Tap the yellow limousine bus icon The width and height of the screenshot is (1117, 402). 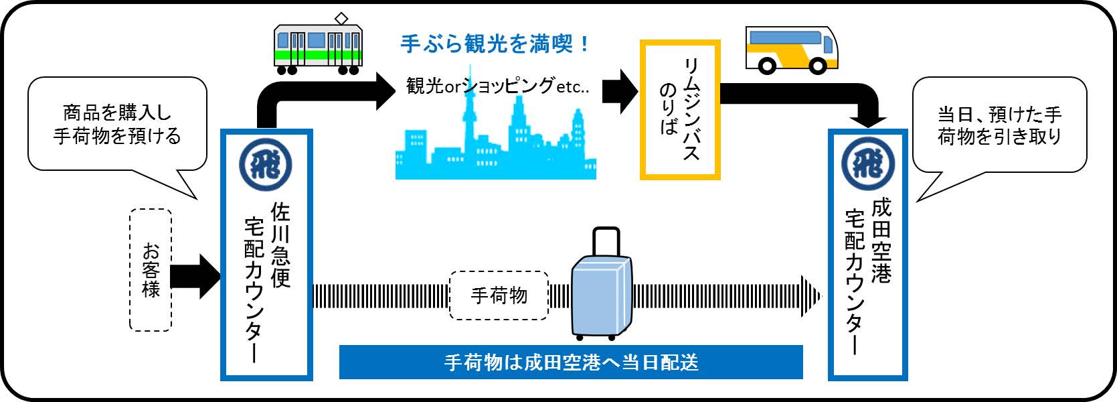tap(791, 50)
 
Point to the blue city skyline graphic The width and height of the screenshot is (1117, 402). tap(495, 147)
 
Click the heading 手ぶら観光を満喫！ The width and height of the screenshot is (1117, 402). tap(495, 44)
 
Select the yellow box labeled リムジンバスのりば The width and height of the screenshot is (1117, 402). tap(679, 110)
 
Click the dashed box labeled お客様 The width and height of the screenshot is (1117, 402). tap(151, 270)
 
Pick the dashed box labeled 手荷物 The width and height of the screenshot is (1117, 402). tap(499, 295)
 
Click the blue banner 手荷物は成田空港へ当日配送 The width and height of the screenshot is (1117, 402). tap(570, 362)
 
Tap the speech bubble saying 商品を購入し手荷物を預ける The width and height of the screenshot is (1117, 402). tap(117, 125)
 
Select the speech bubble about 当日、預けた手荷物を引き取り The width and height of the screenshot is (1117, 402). tap(999, 125)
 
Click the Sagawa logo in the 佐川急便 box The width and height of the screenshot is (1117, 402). tap(266, 164)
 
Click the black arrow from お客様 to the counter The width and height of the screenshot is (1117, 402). tap(195, 276)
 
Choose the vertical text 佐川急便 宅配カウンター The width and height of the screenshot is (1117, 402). tap(267, 281)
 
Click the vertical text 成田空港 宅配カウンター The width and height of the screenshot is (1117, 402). tap(868, 275)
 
